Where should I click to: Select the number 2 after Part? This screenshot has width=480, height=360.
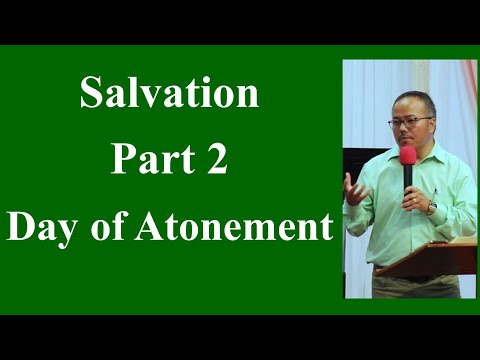[x=217, y=161]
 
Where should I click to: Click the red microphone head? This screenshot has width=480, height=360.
[x=408, y=156]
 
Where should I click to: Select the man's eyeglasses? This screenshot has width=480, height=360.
[x=410, y=122]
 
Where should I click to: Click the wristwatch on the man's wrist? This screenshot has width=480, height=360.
[x=432, y=208]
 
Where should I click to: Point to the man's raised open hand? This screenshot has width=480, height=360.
[x=353, y=187]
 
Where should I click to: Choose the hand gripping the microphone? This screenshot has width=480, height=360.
[x=411, y=197]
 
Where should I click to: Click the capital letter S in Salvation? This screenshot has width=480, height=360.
[x=90, y=94]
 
